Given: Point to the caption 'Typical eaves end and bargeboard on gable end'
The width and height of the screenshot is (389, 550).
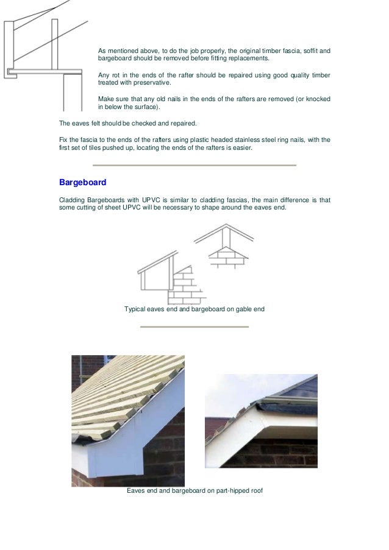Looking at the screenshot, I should [x=194, y=309].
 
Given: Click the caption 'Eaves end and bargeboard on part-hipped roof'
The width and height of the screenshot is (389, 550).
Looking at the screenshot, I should [x=194, y=490].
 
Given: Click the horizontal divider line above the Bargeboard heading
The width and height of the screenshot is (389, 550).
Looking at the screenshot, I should [x=194, y=165].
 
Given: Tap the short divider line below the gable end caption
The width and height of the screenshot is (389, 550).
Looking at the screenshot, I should [x=194, y=326].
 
